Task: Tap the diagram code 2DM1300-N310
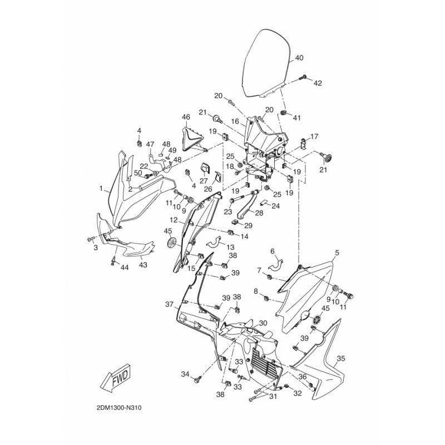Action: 119,408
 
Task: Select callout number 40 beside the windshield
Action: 299,58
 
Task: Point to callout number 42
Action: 318,83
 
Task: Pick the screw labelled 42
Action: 303,77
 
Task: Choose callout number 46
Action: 186,117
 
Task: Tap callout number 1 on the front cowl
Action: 101,188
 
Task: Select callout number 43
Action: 143,265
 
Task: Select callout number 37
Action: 170,304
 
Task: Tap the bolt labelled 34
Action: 198,379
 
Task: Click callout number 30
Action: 263,323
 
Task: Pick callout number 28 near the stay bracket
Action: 259,213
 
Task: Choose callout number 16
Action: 235,121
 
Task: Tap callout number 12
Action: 174,220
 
